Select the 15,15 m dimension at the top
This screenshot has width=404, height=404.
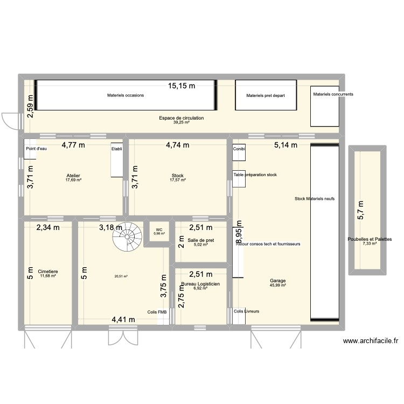pyautogui.click(x=182, y=85)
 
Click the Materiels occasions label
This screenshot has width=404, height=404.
pyautogui.click(x=126, y=95)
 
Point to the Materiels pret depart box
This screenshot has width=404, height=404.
pyautogui.click(x=266, y=96)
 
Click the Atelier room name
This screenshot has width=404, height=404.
pyautogui.click(x=73, y=176)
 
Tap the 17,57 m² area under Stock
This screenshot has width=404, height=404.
pyautogui.click(x=178, y=180)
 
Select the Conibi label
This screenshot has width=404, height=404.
pyautogui.click(x=239, y=149)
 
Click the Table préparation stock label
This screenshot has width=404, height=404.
pyautogui.click(x=255, y=175)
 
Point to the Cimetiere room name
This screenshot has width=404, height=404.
pyautogui.click(x=48, y=271)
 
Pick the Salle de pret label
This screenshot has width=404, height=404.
pyautogui.click(x=200, y=241)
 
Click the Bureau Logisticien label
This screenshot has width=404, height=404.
pyautogui.click(x=200, y=284)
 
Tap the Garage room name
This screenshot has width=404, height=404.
pyautogui.click(x=278, y=281)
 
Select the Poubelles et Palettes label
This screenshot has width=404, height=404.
pyautogui.click(x=370, y=239)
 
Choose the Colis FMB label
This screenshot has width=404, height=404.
pyautogui.click(x=157, y=312)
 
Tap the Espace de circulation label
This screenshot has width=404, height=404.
pyautogui.click(x=181, y=118)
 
